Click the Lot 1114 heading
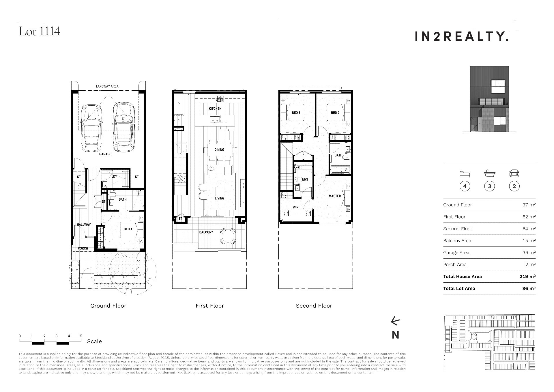pyautogui.click(x=40, y=31)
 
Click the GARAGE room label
pyautogui.click(x=105, y=154)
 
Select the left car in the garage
pyautogui.click(x=91, y=127)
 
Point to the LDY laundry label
pyautogui.click(x=114, y=176)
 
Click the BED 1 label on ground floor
pyautogui.click(x=128, y=229)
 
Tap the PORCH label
pyautogui.click(x=83, y=248)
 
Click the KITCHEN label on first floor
pyautogui.click(x=215, y=109)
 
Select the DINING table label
pyautogui.click(x=219, y=150)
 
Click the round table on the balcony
pyautogui.click(x=228, y=236)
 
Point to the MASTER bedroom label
pyautogui.click(x=335, y=196)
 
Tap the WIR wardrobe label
pyautogui.click(x=295, y=207)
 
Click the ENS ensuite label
pyautogui.click(x=305, y=180)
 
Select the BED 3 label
pyautogui.click(x=296, y=113)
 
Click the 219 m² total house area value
pyautogui.click(x=527, y=277)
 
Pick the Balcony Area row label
pyautogui.click(x=457, y=241)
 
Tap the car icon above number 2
pyautogui.click(x=514, y=173)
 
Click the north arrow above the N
pyautogui.click(x=395, y=321)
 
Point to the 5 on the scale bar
pyautogui.click(x=81, y=336)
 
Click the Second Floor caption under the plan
pyautogui.click(x=314, y=306)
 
